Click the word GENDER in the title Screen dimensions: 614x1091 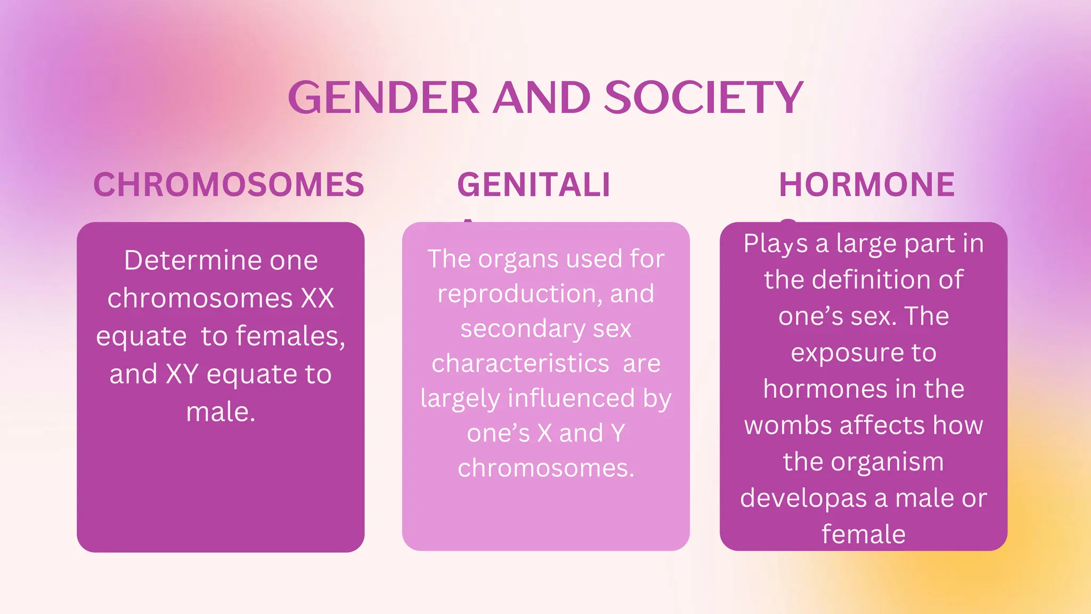(384, 98)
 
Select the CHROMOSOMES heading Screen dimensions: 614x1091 (229, 185)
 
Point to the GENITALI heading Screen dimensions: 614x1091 (533, 185)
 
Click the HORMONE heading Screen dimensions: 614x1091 (867, 185)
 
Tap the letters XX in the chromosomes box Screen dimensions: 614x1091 (317, 298)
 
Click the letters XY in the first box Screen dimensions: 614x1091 (182, 374)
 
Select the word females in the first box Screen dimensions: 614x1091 (290, 336)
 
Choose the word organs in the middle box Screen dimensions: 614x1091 (519, 259)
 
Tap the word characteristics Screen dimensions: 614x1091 (520, 363)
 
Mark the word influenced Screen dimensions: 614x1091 (571, 398)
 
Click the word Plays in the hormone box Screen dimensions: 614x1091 (776, 244)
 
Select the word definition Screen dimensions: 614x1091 (872, 280)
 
